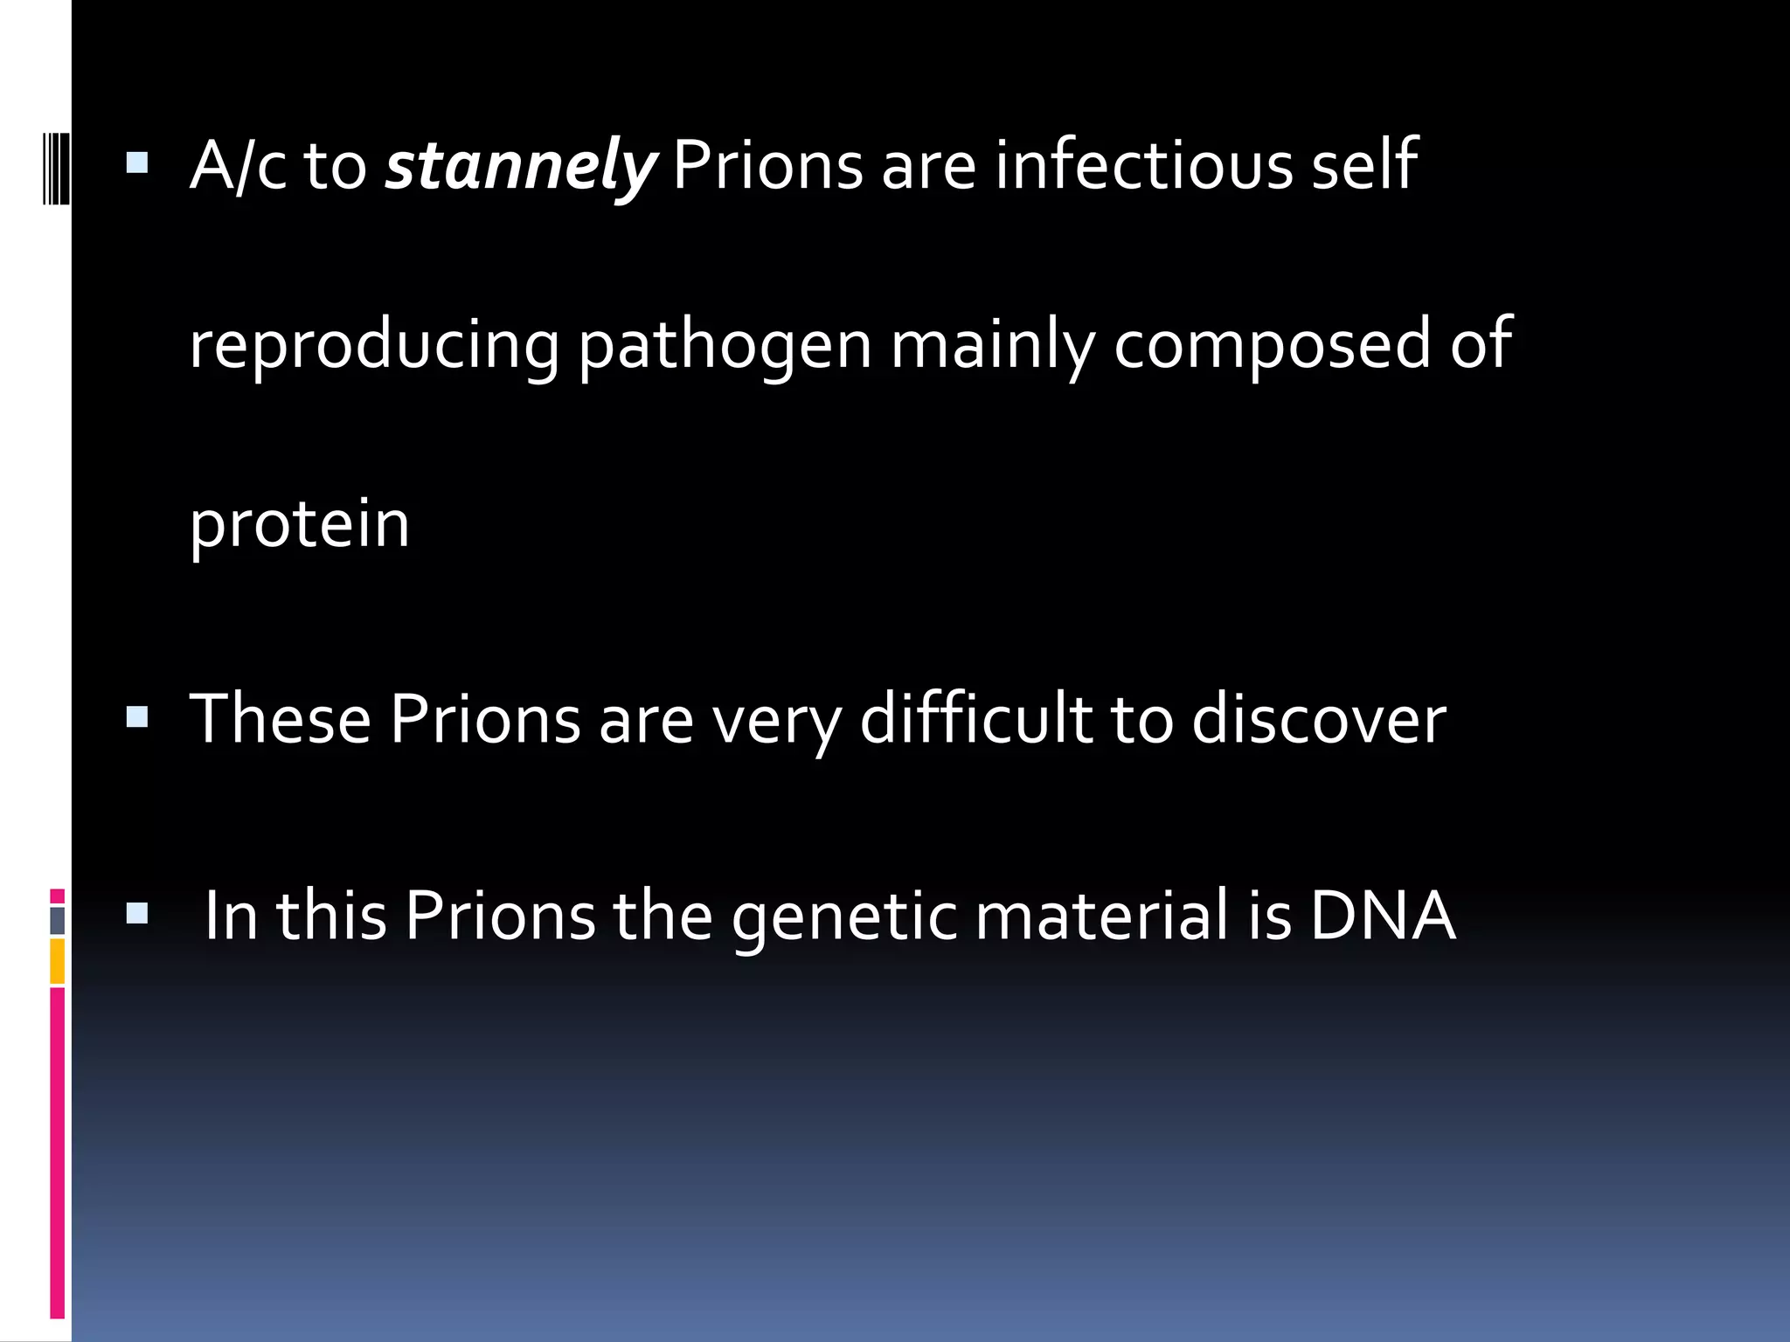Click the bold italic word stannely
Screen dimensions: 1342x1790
coord(521,166)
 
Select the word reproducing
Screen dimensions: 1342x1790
coord(374,346)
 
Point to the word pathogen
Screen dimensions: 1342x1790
coord(725,346)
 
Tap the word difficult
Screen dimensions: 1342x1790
coord(976,720)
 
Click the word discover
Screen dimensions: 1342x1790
coord(1318,720)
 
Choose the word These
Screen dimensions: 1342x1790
coord(281,720)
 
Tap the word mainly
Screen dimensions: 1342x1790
coord(992,346)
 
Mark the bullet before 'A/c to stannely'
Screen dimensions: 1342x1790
coord(137,163)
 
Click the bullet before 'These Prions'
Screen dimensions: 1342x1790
coord(137,718)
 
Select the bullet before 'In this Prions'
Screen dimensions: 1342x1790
coord(137,914)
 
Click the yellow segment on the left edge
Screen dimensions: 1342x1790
coord(57,961)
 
